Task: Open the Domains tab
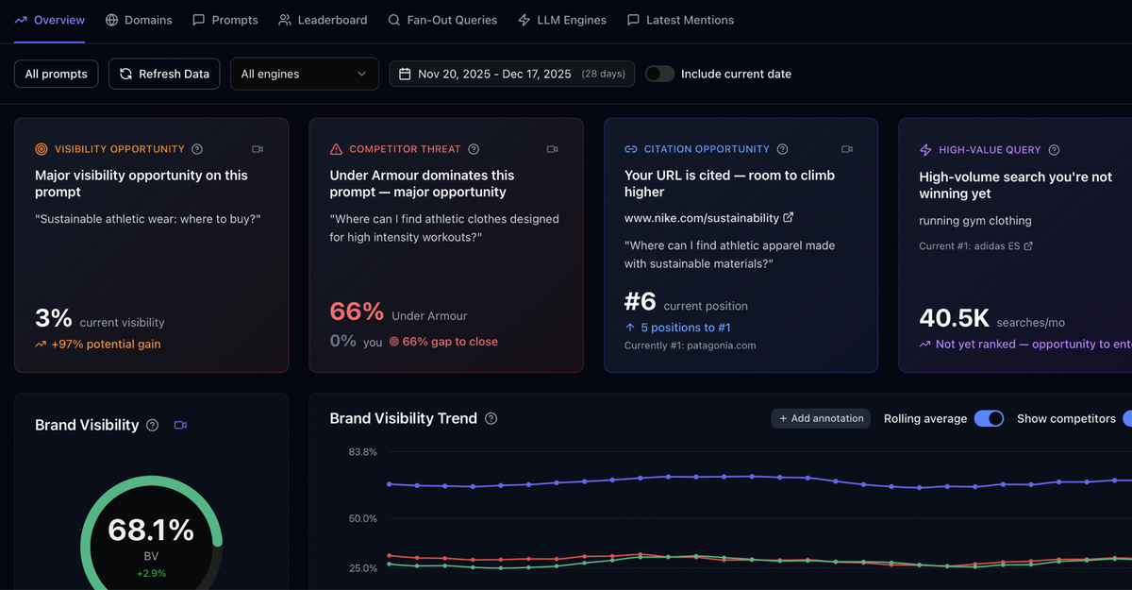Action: [139, 20]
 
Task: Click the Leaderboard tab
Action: [323, 20]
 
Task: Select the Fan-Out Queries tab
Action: [442, 20]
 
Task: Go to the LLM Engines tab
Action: [562, 20]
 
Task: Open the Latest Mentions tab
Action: [680, 20]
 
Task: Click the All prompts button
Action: [57, 74]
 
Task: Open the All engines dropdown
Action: [304, 74]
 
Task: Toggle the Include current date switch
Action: [659, 74]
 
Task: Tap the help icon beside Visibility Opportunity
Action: [197, 149]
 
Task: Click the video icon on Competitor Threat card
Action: [552, 149]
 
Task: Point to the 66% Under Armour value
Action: [357, 312]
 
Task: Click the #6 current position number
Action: [640, 302]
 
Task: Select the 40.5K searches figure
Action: [953, 319]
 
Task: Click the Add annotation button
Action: [821, 418]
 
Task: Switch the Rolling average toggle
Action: [989, 418]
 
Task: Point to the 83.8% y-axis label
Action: [362, 452]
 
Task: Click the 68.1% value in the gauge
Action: [151, 531]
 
